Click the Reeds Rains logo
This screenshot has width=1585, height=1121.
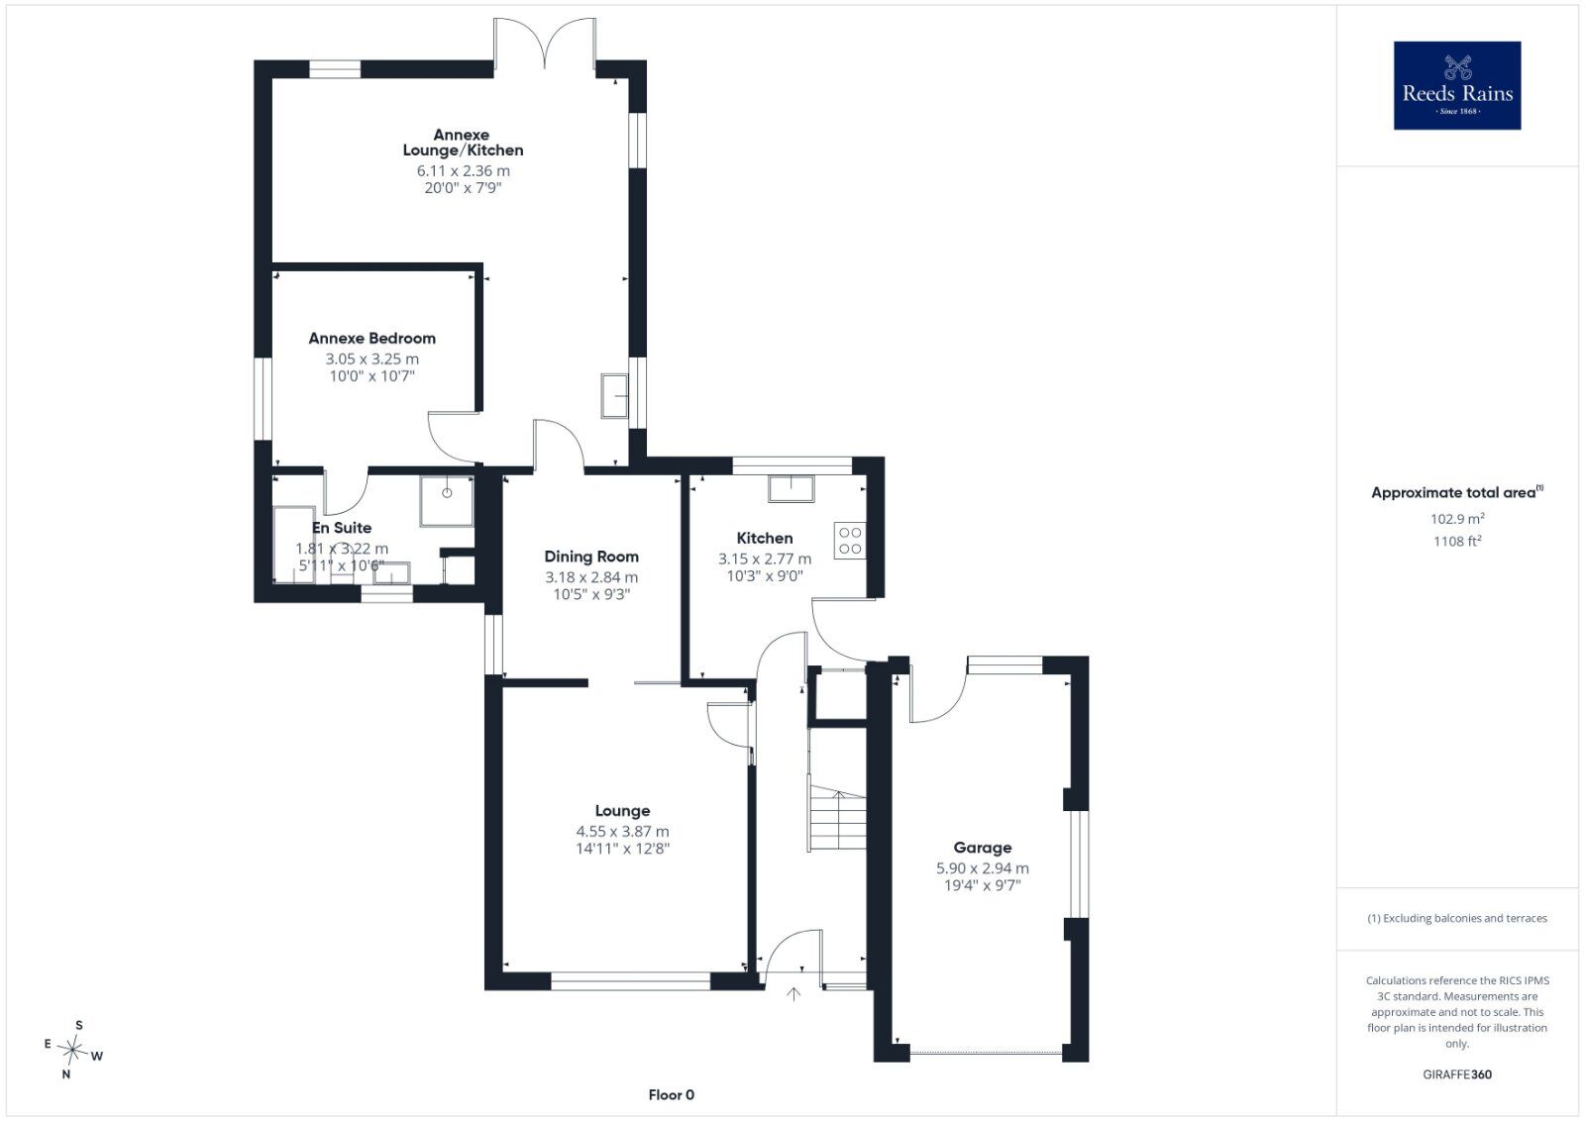click(x=1457, y=85)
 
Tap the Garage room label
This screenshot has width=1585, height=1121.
click(x=982, y=848)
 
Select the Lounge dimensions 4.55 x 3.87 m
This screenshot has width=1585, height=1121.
click(x=622, y=831)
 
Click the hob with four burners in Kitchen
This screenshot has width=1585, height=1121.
click(x=850, y=541)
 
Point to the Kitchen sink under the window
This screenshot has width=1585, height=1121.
click(x=792, y=489)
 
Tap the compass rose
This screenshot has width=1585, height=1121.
click(x=73, y=1050)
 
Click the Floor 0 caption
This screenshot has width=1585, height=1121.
click(x=671, y=1095)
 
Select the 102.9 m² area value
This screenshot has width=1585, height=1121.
click(x=1457, y=519)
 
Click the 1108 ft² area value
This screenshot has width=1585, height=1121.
click(x=1457, y=541)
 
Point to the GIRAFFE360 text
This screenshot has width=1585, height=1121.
click(x=1457, y=1074)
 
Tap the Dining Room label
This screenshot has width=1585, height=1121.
click(x=590, y=557)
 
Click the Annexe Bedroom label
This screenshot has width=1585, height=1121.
click(x=371, y=338)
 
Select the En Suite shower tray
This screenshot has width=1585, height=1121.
click(x=447, y=501)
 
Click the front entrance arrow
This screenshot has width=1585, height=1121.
click(x=793, y=993)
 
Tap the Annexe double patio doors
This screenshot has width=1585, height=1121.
click(x=545, y=44)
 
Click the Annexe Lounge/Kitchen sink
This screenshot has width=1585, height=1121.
click(x=614, y=396)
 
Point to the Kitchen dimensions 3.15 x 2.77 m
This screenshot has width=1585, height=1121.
click(x=764, y=559)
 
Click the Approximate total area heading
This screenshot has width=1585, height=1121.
click(x=1457, y=492)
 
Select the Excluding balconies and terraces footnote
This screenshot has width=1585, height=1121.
click(x=1457, y=918)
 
